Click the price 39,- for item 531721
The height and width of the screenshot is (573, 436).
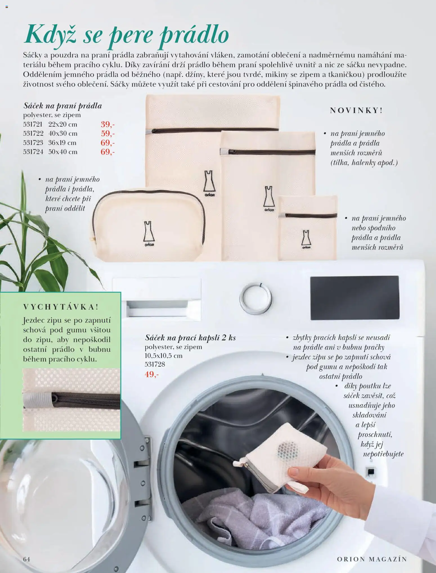108,124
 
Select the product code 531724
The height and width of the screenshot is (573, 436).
33,152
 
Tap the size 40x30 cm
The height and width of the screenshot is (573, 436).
63,133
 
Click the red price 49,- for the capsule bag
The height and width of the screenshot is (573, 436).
152,374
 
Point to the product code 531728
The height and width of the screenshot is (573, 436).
155,364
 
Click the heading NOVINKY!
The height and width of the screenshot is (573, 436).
356,110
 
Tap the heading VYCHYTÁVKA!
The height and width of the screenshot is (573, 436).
61,307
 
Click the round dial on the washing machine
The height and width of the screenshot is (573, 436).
255,298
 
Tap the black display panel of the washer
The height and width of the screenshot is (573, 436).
354,298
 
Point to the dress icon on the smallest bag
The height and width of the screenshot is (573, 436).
306,239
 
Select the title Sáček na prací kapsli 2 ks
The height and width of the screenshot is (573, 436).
190,338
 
